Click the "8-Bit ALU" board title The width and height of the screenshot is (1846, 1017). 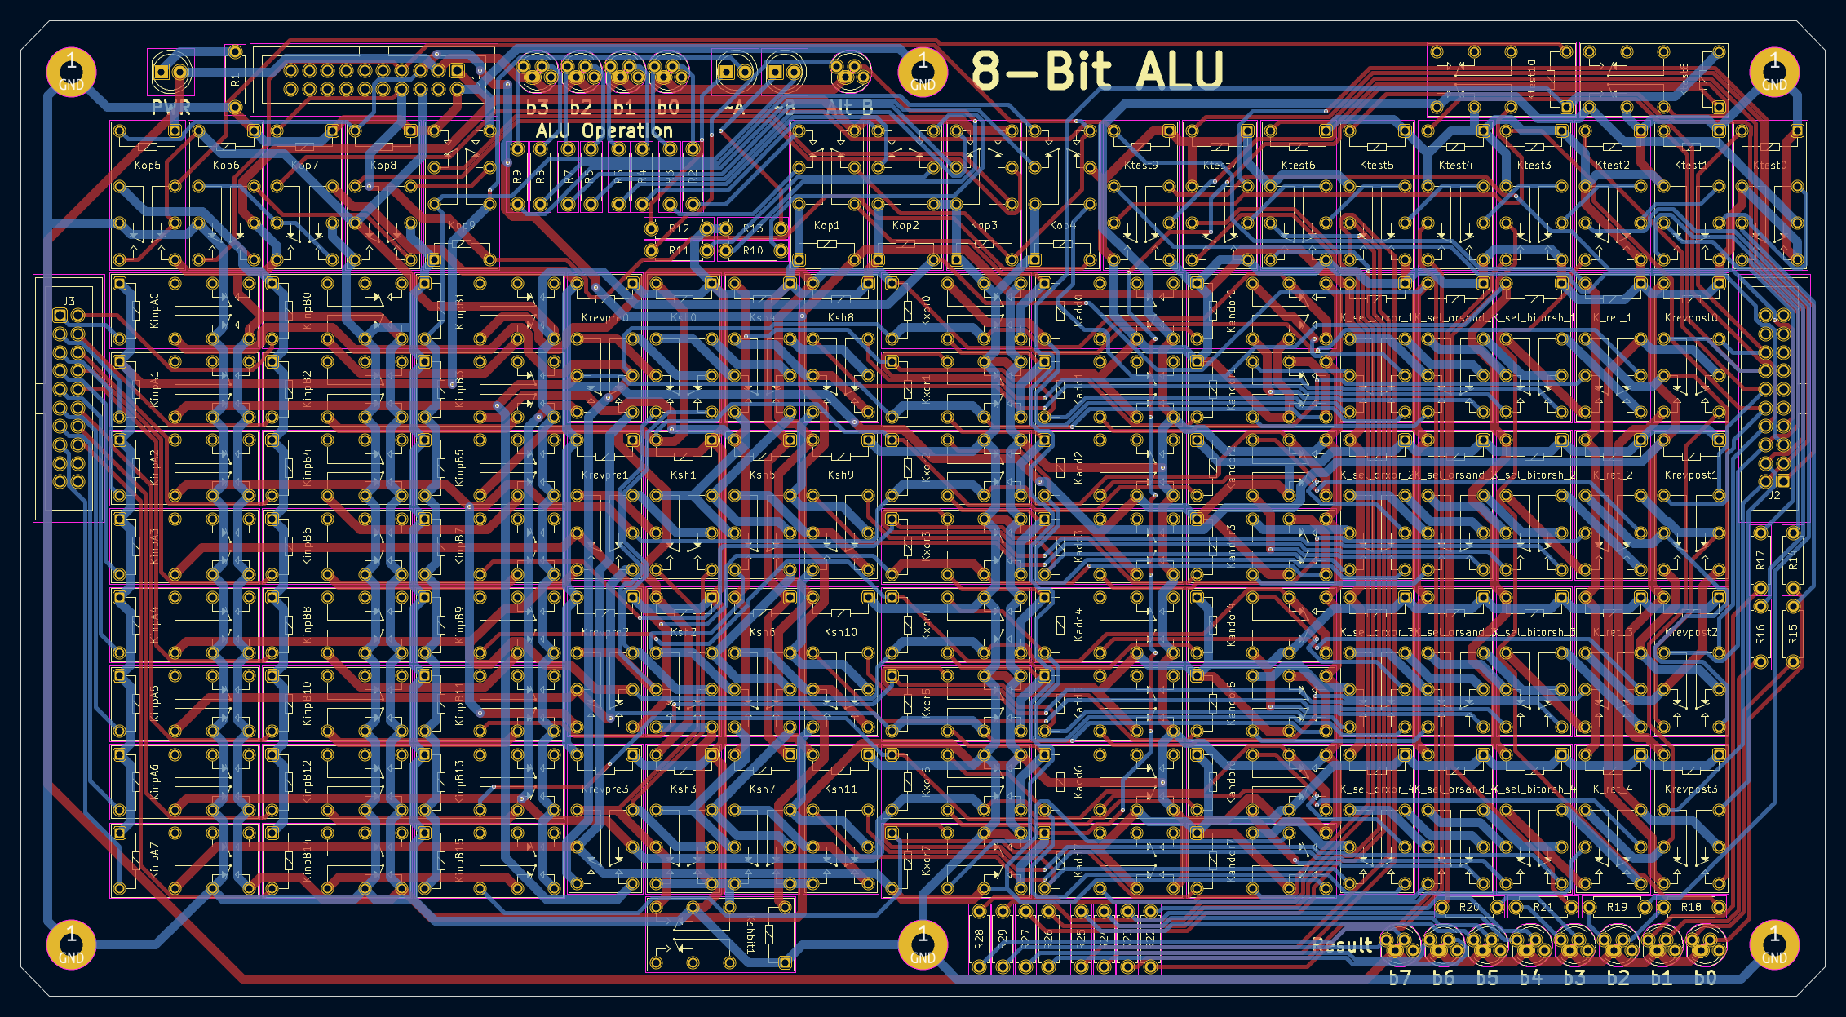(1097, 70)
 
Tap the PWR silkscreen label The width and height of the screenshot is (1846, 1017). (170, 108)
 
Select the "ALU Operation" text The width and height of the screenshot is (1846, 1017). (604, 131)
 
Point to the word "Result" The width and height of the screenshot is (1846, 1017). (1342, 945)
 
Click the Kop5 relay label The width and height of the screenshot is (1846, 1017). (148, 166)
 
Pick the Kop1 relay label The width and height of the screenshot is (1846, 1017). (826, 226)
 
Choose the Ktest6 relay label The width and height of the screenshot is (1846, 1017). (1298, 166)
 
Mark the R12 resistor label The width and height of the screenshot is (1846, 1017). (679, 229)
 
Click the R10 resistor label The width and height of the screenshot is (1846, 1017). (752, 251)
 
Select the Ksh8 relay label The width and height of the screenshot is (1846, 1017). (840, 318)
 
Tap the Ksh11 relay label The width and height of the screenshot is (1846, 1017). (840, 789)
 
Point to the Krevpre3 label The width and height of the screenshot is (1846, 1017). (605, 789)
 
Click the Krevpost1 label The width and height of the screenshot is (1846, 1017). (1691, 475)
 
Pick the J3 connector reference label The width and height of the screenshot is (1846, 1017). (69, 302)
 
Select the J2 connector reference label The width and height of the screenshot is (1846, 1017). (1774, 495)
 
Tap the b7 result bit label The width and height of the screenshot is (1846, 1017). (1400, 978)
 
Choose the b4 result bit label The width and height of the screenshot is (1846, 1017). (1530, 978)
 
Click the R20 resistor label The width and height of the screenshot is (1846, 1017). (1468, 908)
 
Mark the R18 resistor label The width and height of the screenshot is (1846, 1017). (1691, 908)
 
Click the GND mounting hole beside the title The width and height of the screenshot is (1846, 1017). (923, 72)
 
